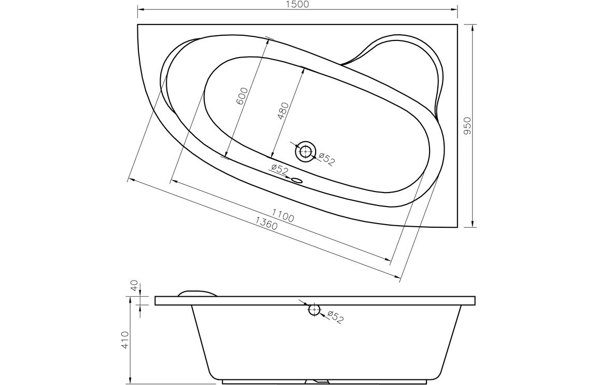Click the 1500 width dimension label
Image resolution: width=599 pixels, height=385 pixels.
[x=297, y=5]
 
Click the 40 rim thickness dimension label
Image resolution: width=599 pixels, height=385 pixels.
[x=134, y=287]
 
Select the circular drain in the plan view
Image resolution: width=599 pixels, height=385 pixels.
[x=305, y=152]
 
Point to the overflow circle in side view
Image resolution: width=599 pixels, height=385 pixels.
[x=314, y=310]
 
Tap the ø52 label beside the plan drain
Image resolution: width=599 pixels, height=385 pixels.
[x=327, y=159]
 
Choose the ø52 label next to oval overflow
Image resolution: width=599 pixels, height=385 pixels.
[x=279, y=169]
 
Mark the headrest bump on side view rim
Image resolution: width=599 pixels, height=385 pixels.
[x=197, y=293]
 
